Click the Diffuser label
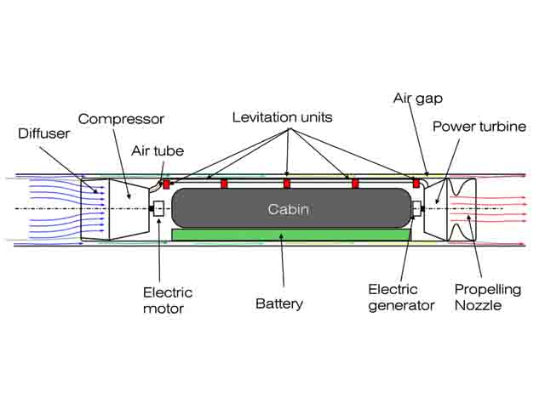pyautogui.click(x=43, y=133)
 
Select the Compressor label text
pyautogui.click(x=121, y=119)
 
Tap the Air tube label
pyautogui.click(x=158, y=151)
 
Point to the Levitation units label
pyautogui.click(x=282, y=117)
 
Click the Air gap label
pyautogui.click(x=418, y=99)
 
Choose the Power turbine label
pyautogui.click(x=479, y=127)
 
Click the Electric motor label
pyautogui.click(x=168, y=300)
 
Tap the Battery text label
pyautogui.click(x=279, y=304)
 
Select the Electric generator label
pyautogui.click(x=401, y=297)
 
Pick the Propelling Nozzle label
pyautogui.click(x=488, y=297)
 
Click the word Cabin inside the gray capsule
pyautogui.click(x=288, y=209)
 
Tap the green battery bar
pyautogui.click(x=291, y=235)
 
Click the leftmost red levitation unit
pyautogui.click(x=167, y=184)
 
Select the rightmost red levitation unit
pyautogui.click(x=416, y=184)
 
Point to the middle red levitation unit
pyautogui.click(x=287, y=184)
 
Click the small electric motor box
pyautogui.click(x=158, y=209)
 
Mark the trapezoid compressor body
pyautogui.click(x=129, y=209)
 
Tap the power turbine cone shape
pyautogui.click(x=435, y=210)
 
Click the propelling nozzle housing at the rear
pyautogui.click(x=462, y=210)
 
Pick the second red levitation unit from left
pyautogui.click(x=224, y=184)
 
